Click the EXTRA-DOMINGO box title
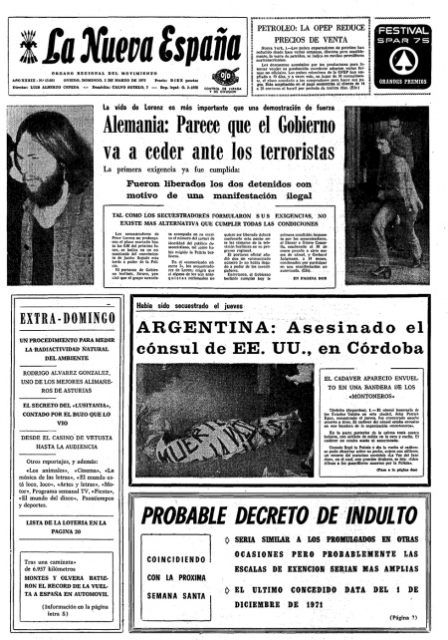68,317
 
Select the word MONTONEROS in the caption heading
389,423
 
